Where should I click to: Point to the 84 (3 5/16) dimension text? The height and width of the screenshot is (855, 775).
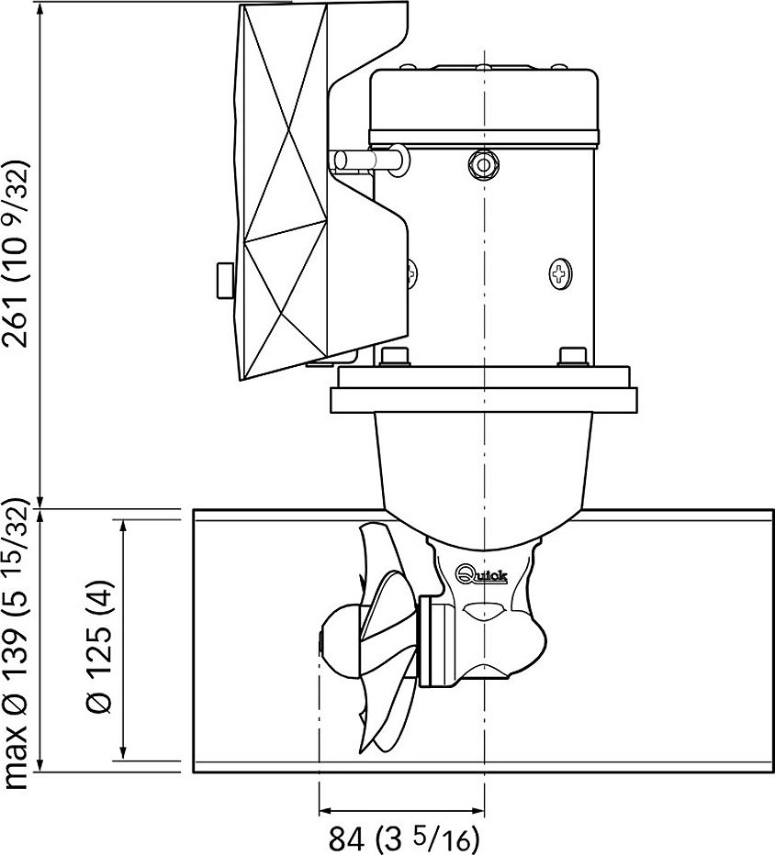coord(403,838)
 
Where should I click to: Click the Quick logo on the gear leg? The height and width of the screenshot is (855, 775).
coord(482,574)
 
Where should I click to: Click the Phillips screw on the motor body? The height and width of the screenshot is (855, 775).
coord(560,273)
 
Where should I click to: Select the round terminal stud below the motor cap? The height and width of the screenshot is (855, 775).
coord(484,164)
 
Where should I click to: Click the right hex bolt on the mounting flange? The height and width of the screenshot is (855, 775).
coord(572,357)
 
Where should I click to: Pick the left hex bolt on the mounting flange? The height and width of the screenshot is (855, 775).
coord(395,357)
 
